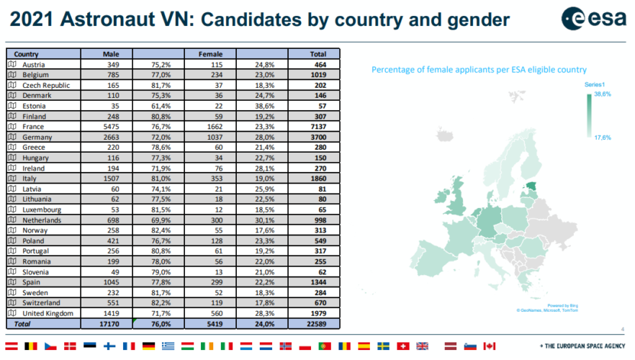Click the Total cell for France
317,126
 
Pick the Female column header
210,53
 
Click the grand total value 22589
317,325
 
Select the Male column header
111,53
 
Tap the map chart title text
479,70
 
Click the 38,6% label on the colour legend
601,94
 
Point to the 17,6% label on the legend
602,138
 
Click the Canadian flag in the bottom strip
489,346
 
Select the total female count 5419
212,325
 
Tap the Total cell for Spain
317,283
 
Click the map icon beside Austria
12,63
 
